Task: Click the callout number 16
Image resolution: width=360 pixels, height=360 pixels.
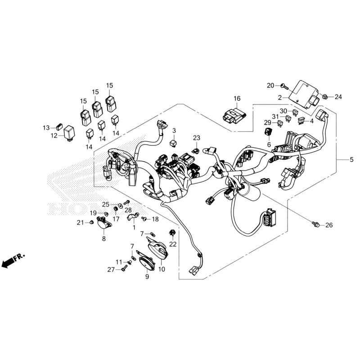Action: (237, 99)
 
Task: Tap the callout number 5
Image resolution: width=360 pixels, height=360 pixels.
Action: (351, 160)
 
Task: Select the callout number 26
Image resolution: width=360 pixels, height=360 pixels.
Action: (329, 225)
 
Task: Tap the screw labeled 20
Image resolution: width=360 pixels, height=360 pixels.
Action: (283, 85)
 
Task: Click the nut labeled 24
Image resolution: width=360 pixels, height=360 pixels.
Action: (325, 96)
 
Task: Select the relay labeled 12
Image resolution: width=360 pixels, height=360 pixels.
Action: (69, 133)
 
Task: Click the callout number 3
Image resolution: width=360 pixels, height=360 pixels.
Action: (174, 130)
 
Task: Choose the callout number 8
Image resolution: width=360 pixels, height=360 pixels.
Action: (103, 239)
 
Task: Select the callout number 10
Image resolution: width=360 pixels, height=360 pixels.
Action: (162, 269)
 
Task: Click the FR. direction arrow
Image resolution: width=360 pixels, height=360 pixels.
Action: (13, 261)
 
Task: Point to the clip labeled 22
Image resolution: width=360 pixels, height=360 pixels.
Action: (172, 233)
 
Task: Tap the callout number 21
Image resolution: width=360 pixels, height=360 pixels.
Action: (80, 222)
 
